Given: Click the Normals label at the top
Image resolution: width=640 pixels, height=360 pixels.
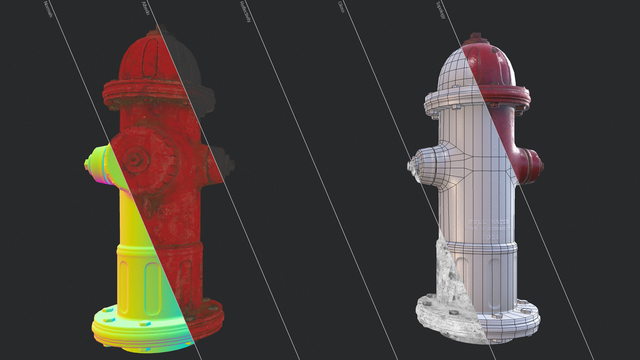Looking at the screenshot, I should (48, 9).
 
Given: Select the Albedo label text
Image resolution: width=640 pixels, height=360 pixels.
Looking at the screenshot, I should (146, 8).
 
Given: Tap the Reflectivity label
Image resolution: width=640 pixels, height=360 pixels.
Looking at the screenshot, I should (245, 12).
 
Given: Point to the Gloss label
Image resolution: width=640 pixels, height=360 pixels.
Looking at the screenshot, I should (341, 7).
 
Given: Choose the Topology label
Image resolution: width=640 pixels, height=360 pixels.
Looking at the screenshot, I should (440, 10).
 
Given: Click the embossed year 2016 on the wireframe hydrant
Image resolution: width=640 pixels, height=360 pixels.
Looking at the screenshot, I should (491, 237).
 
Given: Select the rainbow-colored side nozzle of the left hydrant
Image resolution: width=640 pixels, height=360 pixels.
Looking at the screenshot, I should (100, 165).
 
